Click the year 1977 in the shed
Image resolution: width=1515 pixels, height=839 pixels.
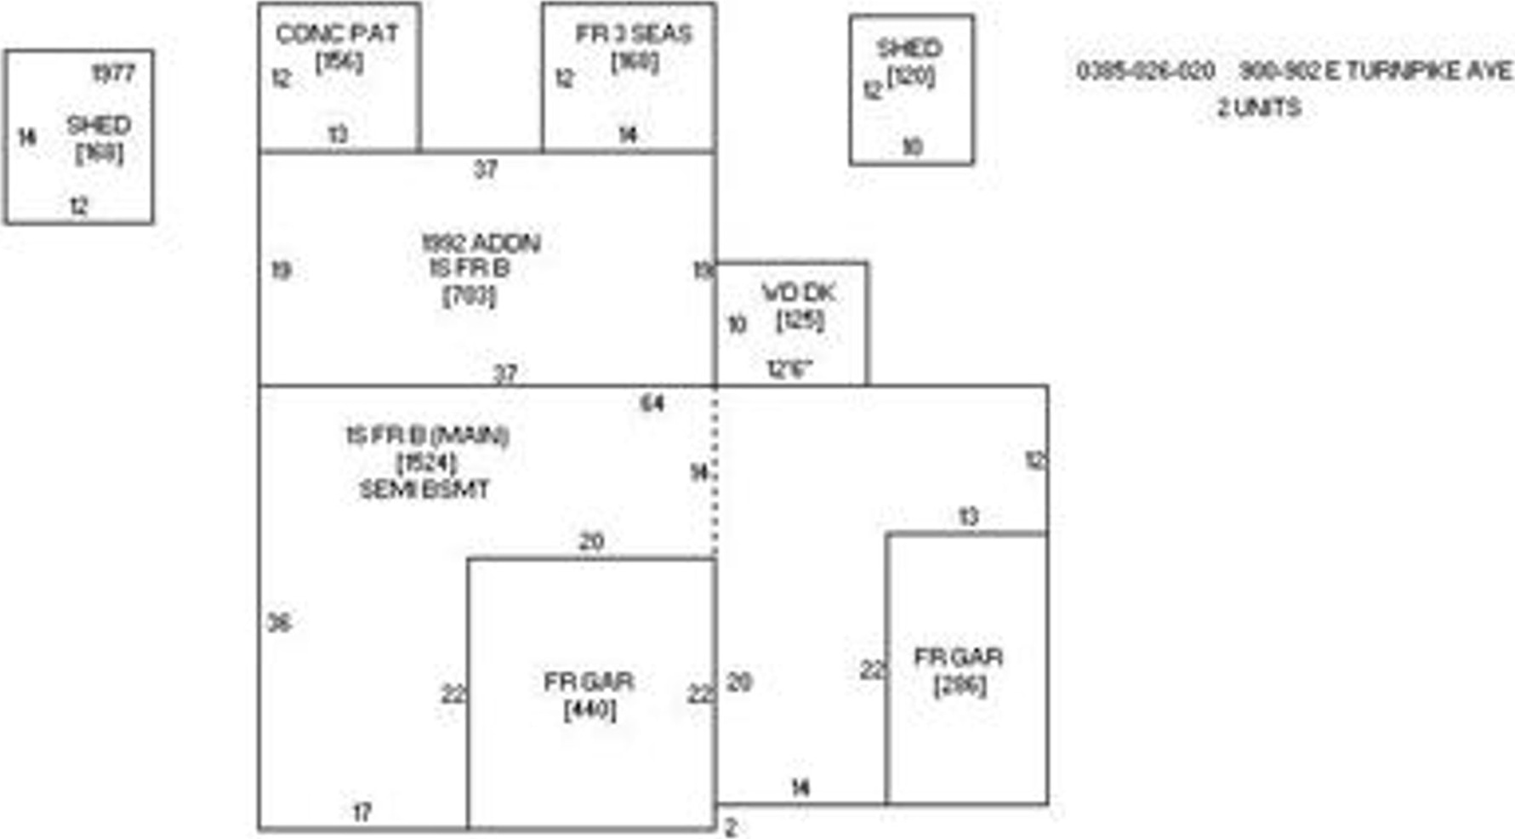[113, 74]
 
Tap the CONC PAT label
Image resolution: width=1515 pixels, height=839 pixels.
[337, 34]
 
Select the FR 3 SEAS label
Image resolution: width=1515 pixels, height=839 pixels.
[634, 34]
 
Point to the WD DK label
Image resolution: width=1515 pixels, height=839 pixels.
[798, 293]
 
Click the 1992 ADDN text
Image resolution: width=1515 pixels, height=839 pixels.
[481, 243]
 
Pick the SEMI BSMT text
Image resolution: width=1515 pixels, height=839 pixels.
[424, 490]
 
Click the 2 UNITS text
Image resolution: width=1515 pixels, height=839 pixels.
[1258, 108]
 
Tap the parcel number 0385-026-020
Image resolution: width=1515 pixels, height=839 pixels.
[1145, 71]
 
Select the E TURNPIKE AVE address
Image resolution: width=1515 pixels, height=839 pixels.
[1375, 71]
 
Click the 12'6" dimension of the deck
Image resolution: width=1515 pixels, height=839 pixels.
[790, 369]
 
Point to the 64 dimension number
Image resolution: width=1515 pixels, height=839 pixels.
[652, 402]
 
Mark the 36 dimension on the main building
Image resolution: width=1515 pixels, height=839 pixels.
[279, 623]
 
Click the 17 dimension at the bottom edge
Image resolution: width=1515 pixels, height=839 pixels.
[362, 813]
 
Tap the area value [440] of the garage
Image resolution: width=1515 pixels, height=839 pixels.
[589, 709]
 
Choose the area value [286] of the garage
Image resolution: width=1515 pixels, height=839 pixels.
[960, 685]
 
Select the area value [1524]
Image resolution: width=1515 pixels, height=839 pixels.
[427, 464]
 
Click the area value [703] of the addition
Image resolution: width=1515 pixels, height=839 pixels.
[469, 296]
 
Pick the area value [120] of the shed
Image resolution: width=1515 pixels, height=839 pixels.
[910, 77]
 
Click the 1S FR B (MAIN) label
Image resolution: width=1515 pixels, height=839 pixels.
[427, 437]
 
